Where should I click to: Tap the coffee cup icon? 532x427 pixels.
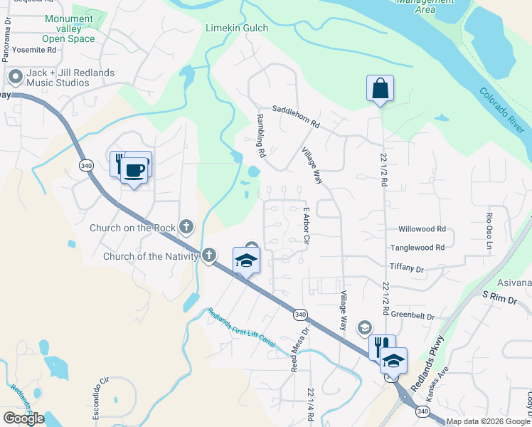click(x=134, y=169)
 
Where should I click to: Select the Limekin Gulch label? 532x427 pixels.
click(x=236, y=28)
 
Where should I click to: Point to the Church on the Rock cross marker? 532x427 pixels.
click(x=186, y=227)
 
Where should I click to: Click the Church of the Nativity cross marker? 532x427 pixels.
click(x=208, y=255)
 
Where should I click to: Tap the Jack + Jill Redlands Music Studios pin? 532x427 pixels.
click(x=14, y=76)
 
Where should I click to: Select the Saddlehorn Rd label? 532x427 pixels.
click(x=297, y=114)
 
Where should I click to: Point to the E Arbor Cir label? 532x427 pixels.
click(x=307, y=226)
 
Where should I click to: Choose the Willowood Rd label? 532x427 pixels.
click(x=422, y=229)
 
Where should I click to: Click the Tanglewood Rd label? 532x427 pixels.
click(x=417, y=247)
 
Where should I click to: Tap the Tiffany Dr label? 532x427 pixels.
click(x=407, y=268)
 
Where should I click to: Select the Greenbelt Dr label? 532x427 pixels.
click(x=413, y=315)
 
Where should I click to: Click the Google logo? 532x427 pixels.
click(x=23, y=418)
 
